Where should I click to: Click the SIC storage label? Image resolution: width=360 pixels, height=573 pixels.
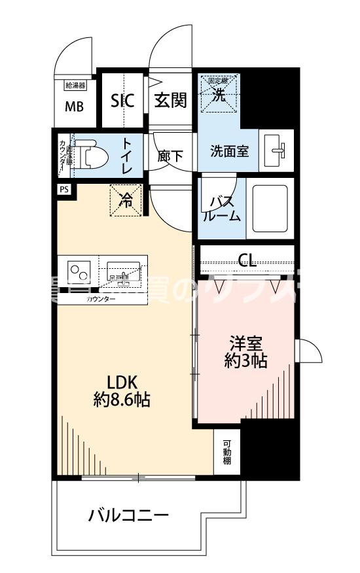click(122, 101)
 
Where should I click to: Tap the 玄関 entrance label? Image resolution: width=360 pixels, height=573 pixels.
click(170, 101)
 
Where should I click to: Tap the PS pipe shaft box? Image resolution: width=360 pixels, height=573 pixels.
click(63, 190)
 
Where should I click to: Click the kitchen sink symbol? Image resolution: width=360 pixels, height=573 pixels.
click(123, 270)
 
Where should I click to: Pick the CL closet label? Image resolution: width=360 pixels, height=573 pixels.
click(247, 262)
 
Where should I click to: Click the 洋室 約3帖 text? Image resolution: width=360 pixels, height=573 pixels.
click(245, 351)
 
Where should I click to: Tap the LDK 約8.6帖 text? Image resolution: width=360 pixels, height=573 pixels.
click(121, 391)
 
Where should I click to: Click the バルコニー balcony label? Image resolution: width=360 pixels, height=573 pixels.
click(129, 515)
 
